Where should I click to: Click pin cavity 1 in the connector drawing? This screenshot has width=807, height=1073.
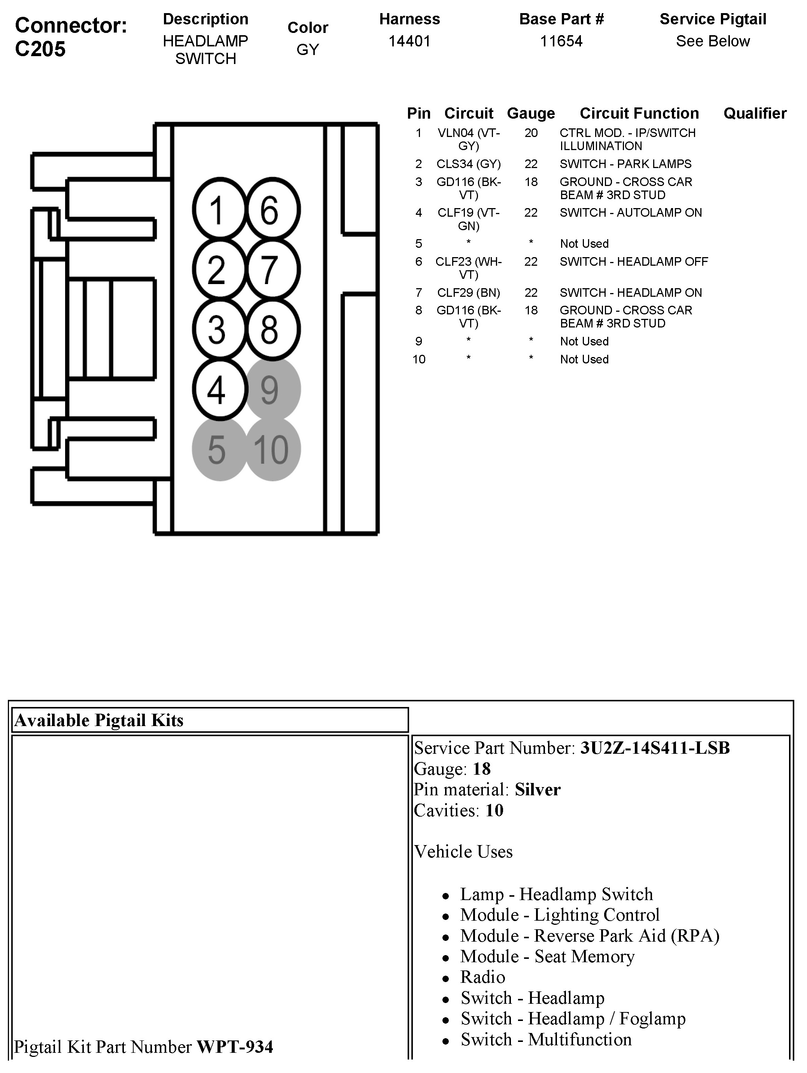pyautogui.click(x=219, y=210)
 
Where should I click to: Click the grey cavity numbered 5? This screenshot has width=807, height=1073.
pyautogui.click(x=219, y=449)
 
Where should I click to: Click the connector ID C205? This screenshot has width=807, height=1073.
pyautogui.click(x=40, y=49)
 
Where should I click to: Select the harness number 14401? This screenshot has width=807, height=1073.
pyautogui.click(x=409, y=41)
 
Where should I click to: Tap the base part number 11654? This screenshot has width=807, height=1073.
pyautogui.click(x=561, y=41)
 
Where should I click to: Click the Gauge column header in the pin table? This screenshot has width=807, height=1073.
pyautogui.click(x=530, y=113)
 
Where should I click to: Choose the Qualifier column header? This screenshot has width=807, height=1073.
pyautogui.click(x=755, y=113)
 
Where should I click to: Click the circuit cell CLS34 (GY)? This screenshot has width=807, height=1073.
pyautogui.click(x=468, y=164)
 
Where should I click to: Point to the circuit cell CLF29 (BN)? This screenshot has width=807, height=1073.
pyautogui.click(x=468, y=293)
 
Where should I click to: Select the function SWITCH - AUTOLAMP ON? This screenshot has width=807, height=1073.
pyautogui.click(x=630, y=213)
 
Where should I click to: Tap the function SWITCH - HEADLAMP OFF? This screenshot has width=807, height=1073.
pyautogui.click(x=633, y=262)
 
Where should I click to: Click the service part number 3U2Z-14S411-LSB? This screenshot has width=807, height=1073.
pyautogui.click(x=655, y=748)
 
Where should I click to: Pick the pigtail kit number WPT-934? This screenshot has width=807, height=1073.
pyautogui.click(x=235, y=1047)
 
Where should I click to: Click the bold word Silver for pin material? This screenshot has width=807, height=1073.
pyautogui.click(x=537, y=790)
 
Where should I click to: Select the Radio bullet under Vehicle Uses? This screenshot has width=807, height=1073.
pyautogui.click(x=483, y=977)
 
